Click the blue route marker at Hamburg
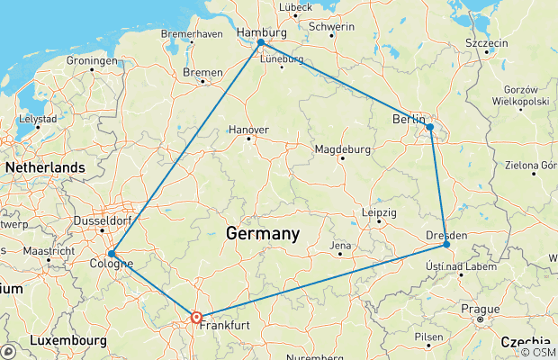261,42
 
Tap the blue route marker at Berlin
430,127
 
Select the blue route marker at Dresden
446,244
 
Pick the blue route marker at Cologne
111,254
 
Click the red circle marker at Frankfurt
196,317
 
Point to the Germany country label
262,234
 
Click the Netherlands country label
45,167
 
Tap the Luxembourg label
68,342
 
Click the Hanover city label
248,130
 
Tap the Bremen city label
202,70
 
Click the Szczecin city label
487,43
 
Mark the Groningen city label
92,60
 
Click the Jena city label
340,245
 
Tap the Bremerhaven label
191,33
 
